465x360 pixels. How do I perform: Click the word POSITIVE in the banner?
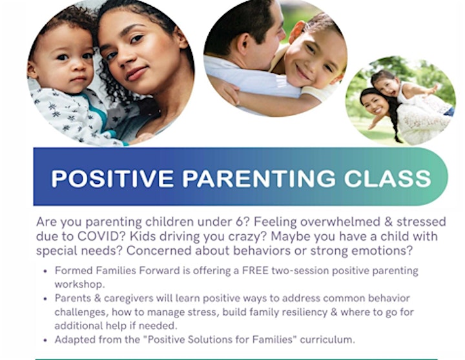112,178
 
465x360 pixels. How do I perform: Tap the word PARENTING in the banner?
258,178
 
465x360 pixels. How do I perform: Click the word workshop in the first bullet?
79,284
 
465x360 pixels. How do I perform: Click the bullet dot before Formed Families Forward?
45,271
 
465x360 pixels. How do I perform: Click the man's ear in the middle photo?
244,44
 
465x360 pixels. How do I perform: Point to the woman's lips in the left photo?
136,73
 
